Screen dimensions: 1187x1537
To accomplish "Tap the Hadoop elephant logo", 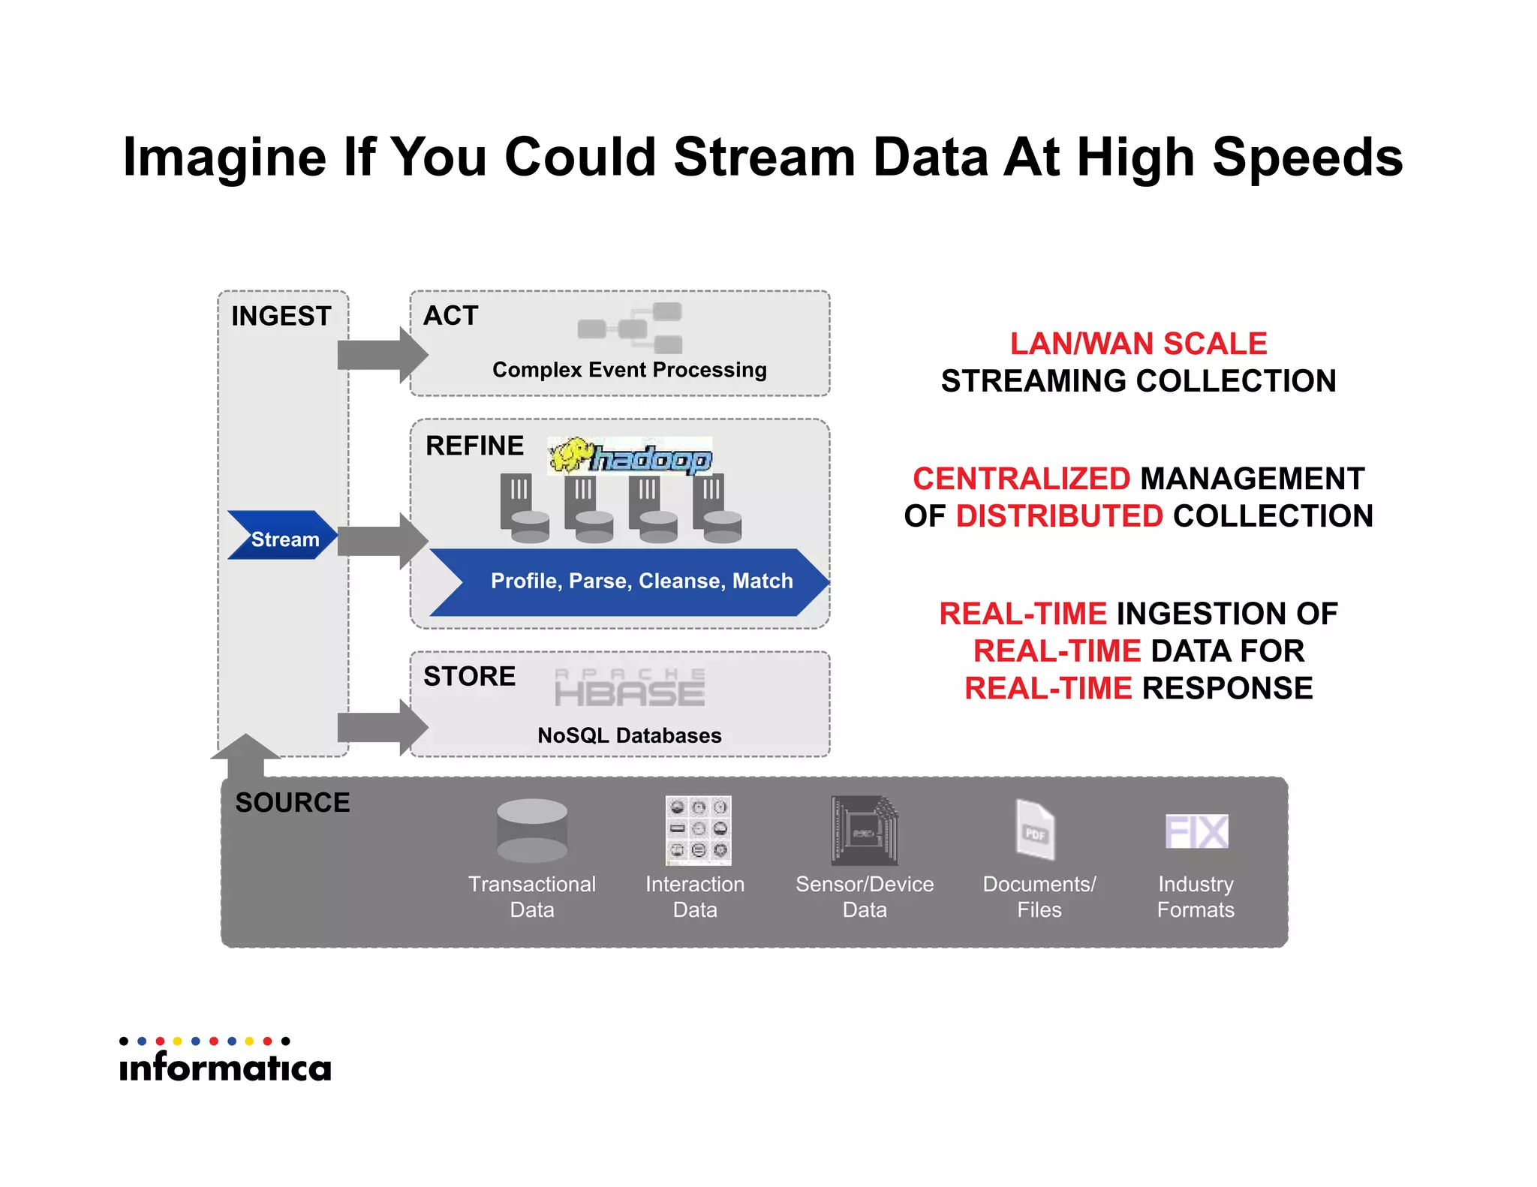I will (x=630, y=456).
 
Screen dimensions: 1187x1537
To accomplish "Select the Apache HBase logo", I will (x=630, y=687).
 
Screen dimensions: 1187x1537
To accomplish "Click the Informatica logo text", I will (x=225, y=1067).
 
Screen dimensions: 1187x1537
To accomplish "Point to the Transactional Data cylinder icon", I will (x=532, y=830).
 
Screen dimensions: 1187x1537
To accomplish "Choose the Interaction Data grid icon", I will (x=698, y=830).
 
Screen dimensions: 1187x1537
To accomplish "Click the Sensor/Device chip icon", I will (x=865, y=831).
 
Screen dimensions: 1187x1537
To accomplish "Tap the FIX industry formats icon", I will (x=1196, y=831).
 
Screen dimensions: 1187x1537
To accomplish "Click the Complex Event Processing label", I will (x=629, y=370).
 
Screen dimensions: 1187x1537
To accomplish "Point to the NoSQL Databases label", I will (x=629, y=735).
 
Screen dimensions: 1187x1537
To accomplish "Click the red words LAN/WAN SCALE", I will (x=1138, y=344).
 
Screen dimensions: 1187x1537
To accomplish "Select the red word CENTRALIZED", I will (x=1021, y=479).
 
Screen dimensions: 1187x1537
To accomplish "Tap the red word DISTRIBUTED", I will (x=1059, y=516).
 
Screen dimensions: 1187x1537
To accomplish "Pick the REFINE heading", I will (x=474, y=446).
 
